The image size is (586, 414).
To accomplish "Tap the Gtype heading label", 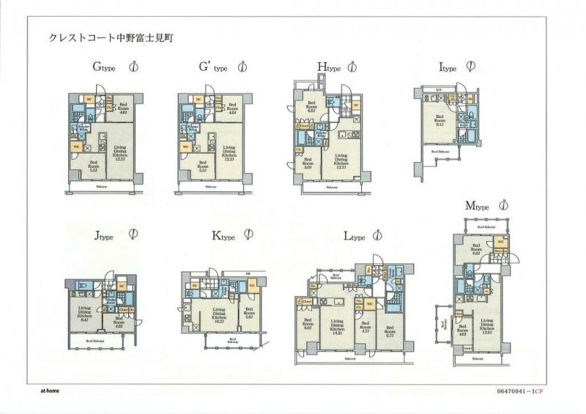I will click(x=105, y=67).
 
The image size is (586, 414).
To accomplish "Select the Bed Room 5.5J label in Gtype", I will click(x=93, y=165).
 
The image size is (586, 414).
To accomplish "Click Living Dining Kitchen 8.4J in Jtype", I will click(x=84, y=314).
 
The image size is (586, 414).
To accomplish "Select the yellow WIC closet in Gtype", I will click(x=76, y=147).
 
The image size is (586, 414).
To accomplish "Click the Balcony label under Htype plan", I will click(x=331, y=188).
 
